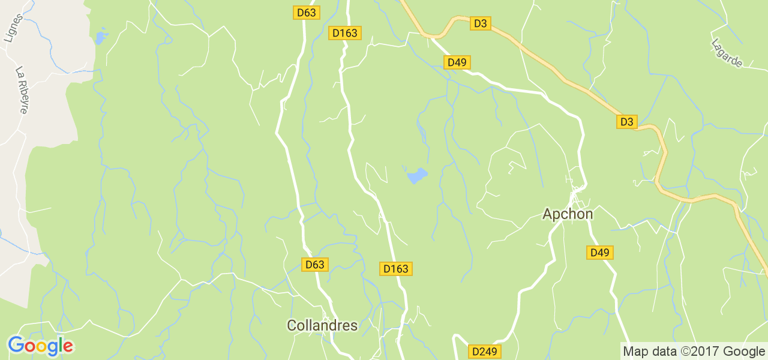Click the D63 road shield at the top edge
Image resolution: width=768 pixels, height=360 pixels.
[306, 12]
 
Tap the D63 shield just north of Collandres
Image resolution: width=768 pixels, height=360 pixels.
[314, 264]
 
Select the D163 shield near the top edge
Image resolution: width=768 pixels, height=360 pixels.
[345, 33]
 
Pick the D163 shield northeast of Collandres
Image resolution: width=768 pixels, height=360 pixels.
[395, 269]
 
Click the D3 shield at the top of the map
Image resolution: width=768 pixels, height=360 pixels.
[480, 23]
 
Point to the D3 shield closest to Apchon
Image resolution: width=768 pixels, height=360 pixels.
[626, 122]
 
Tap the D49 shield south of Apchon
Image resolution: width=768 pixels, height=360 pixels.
[599, 253]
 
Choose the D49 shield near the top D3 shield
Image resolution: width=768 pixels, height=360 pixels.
[457, 62]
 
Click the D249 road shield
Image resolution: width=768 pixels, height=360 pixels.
[485, 352]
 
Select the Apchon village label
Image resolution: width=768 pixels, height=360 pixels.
[568, 214]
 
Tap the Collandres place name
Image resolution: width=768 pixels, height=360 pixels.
[322, 325]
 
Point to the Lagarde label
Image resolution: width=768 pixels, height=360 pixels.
[727, 53]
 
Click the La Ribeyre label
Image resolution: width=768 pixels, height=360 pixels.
[22, 89]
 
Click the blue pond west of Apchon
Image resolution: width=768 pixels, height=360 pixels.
[416, 175]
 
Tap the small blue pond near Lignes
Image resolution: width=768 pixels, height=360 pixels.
[100, 38]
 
